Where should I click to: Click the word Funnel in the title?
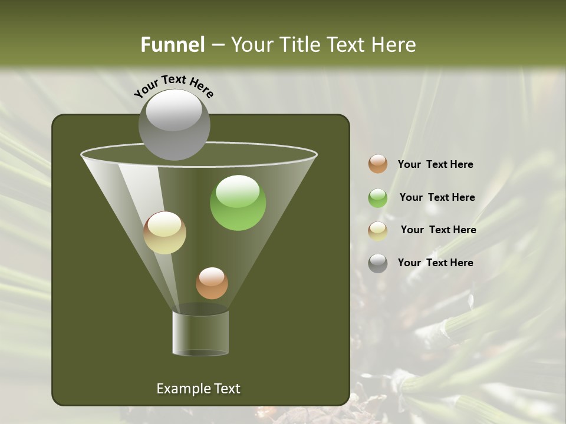click(x=172, y=44)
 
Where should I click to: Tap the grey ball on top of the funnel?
click(x=174, y=124)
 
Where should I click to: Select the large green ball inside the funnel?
click(x=238, y=203)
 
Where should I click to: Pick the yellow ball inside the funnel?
click(x=164, y=233)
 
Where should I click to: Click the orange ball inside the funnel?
click(x=212, y=283)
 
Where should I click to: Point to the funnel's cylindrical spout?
click(x=200, y=333)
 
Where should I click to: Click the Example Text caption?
click(x=198, y=389)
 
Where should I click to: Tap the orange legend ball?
click(x=378, y=164)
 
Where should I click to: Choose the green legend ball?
click(x=378, y=198)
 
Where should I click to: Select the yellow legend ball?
click(x=378, y=231)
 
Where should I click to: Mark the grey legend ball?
click(x=378, y=263)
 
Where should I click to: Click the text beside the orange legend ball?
click(x=435, y=164)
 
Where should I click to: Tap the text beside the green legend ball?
click(x=437, y=197)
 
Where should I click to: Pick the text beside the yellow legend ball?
click(x=438, y=230)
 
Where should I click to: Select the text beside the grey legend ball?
click(x=435, y=263)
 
